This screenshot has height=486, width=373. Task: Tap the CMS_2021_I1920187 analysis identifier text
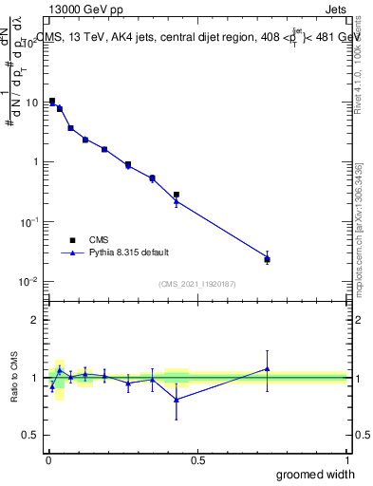click(197, 284)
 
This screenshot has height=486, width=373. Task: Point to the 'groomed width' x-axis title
click(318, 474)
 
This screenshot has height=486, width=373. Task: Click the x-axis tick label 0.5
click(197, 460)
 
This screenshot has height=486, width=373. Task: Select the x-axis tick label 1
click(346, 460)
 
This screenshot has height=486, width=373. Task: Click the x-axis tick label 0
click(48, 460)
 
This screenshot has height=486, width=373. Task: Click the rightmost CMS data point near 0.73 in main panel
click(267, 259)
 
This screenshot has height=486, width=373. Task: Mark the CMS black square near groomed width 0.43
click(177, 195)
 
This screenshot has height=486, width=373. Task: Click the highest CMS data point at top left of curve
click(52, 101)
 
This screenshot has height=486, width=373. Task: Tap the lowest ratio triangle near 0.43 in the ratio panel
click(177, 399)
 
